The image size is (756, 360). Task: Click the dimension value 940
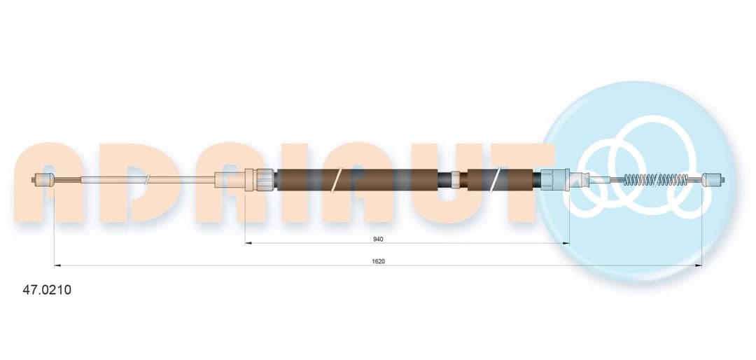click(x=379, y=239)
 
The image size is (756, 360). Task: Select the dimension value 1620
click(x=379, y=261)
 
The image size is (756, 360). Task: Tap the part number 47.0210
click(x=48, y=290)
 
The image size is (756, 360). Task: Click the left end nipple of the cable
click(x=42, y=180)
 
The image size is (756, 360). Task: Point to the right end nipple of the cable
click(x=713, y=180)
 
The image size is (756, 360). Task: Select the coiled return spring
click(x=656, y=180)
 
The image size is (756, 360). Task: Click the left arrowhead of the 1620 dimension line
click(x=57, y=265)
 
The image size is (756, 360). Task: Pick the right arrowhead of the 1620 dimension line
click(x=698, y=265)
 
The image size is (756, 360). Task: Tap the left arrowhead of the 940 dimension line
click(x=248, y=243)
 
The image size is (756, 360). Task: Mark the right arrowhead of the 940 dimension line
click(x=566, y=243)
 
